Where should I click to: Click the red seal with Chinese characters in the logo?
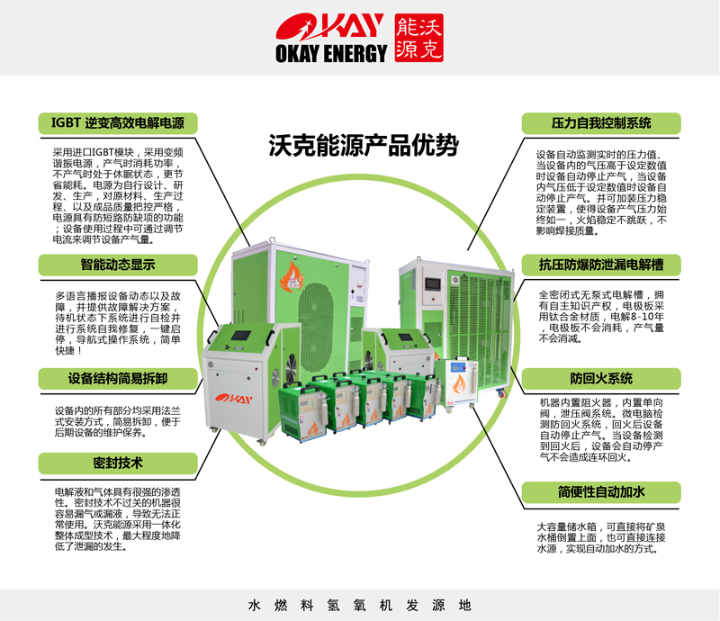pyautogui.click(x=419, y=37)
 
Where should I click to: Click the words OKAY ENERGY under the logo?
pyautogui.click(x=331, y=55)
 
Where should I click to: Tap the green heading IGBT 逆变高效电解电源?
pyautogui.click(x=117, y=122)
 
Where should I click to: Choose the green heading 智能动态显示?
pyautogui.click(x=117, y=265)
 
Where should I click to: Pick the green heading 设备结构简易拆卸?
pyautogui.click(x=117, y=378)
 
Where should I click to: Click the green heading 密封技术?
pyautogui.click(x=117, y=463)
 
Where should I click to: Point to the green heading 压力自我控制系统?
pyautogui.click(x=600, y=122)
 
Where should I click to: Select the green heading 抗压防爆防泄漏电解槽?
pyautogui.click(x=600, y=265)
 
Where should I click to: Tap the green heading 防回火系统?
pyautogui.click(x=600, y=378)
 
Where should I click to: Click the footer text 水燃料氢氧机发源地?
pyautogui.click(x=359, y=606)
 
